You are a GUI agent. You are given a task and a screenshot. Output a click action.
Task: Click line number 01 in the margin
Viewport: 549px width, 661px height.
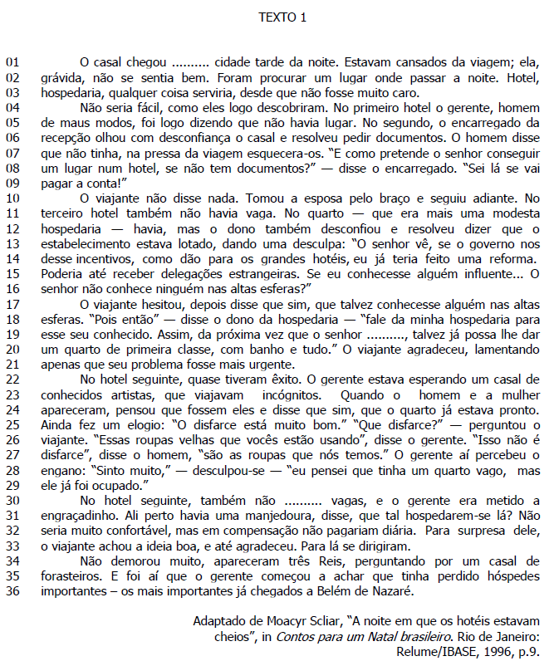[x=12, y=61]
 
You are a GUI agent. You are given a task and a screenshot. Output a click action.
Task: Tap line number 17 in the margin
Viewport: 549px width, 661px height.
[x=12, y=304]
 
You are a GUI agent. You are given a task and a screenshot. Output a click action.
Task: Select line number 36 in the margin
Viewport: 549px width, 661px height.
[x=12, y=591]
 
